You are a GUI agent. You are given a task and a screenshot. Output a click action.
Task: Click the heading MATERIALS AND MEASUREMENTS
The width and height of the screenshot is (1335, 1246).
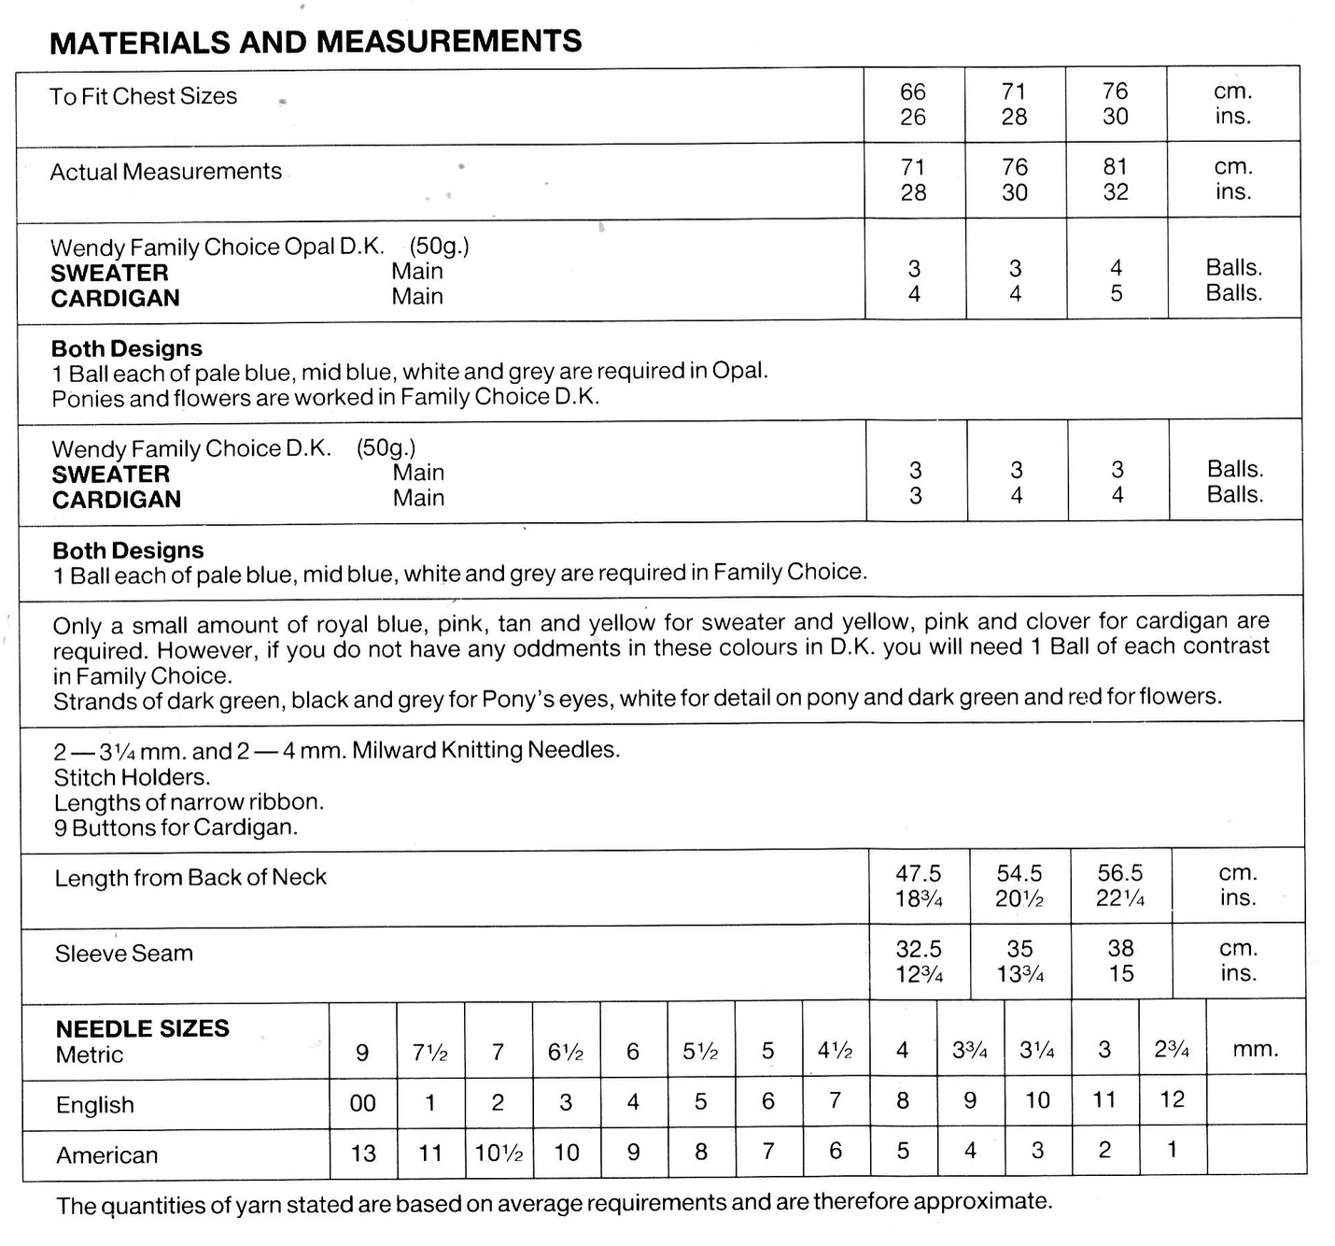315,42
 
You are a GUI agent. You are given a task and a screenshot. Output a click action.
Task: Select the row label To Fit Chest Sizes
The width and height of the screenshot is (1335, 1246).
143,96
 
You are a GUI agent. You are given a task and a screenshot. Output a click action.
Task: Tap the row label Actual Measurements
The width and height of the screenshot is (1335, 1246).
165,172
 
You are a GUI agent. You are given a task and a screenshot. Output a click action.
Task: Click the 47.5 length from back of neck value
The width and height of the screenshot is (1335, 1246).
919,873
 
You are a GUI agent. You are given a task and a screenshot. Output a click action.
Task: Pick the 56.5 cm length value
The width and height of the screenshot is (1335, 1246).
1120,872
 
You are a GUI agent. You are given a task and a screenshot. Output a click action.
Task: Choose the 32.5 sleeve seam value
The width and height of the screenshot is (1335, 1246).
919,949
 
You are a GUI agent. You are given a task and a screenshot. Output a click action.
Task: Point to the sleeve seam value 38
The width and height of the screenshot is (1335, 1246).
1120,948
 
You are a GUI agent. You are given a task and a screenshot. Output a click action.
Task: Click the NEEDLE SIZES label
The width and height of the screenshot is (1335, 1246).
142,1028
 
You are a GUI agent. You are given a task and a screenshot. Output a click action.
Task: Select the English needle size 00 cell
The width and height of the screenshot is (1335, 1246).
362,1103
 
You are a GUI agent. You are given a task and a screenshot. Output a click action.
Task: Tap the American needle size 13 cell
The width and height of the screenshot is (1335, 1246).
362,1154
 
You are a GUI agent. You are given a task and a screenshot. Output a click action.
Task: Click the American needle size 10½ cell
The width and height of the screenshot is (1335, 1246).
498,1153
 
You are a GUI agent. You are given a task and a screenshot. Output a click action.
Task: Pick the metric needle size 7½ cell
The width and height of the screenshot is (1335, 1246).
429,1053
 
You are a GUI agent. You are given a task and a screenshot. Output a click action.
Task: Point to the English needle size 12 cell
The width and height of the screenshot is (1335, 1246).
1172,1099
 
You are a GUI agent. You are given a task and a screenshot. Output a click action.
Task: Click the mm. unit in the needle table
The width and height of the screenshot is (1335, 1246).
1255,1049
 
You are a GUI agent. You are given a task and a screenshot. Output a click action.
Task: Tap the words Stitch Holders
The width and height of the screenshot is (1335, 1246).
132,777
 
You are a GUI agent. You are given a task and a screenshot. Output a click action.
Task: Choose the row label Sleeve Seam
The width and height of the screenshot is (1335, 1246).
123,954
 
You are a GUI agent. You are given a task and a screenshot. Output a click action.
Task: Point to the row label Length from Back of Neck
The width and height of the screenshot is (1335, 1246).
190,878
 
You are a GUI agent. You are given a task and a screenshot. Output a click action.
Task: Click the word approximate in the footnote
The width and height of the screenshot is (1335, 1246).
982,1201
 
